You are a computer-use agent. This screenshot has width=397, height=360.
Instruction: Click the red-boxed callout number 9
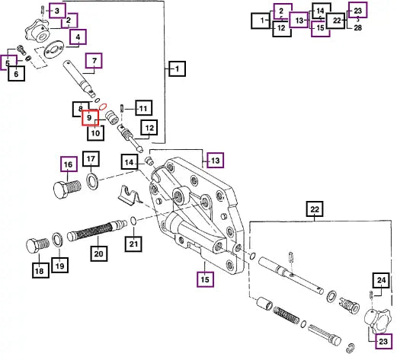pyautogui.click(x=90, y=118)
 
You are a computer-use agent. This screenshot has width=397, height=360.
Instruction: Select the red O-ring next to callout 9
pyautogui.click(x=103, y=107)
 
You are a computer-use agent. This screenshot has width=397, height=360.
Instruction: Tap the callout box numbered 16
pyautogui.click(x=69, y=164)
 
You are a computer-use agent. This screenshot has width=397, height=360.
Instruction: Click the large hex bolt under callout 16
pyautogui.click(x=67, y=189)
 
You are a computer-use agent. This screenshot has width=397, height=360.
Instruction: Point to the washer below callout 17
pyautogui.click(x=93, y=182)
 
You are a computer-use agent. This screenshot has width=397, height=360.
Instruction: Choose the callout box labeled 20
pyautogui.click(x=99, y=253)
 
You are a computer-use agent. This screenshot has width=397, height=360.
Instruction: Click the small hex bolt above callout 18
pyautogui.click(x=38, y=245)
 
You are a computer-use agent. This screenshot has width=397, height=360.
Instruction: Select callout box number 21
pyautogui.click(x=133, y=244)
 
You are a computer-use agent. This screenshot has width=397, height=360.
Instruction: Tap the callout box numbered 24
pyautogui.click(x=381, y=280)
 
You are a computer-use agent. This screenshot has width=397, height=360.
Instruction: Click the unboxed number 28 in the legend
pyautogui.click(x=357, y=27)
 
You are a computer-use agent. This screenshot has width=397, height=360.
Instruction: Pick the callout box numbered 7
pyautogui.click(x=94, y=61)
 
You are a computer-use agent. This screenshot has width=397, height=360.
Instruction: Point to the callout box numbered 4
pyautogui.click(x=78, y=37)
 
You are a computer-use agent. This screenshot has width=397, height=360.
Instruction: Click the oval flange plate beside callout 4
pyautogui.click(x=54, y=49)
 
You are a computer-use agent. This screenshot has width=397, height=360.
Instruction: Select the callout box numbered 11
pyautogui.click(x=144, y=108)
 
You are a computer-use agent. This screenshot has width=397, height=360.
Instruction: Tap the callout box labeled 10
pyautogui.click(x=95, y=132)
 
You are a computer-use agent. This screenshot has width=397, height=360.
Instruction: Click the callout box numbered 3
pyautogui.click(x=57, y=11)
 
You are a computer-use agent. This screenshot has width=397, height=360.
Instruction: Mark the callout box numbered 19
pyautogui.click(x=59, y=266)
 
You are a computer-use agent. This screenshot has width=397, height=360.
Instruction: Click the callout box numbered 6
pyautogui.click(x=16, y=74)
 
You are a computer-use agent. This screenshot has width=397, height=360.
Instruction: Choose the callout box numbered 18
pyautogui.click(x=40, y=270)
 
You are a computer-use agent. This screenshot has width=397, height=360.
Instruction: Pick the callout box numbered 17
pyautogui.click(x=91, y=159)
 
